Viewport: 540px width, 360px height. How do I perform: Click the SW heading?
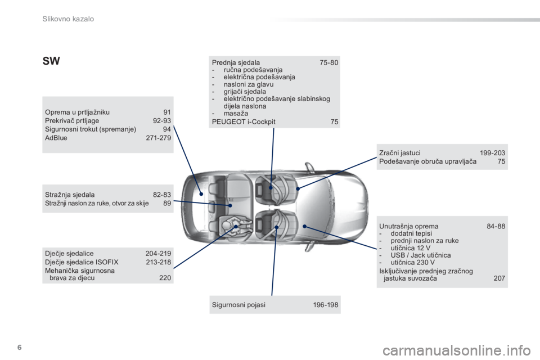(x=51, y=61)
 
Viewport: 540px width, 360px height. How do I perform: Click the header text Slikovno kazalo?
(x=68, y=19)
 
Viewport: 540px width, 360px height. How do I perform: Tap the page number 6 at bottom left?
(x=20, y=347)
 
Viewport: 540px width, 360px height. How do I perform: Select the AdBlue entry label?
(x=56, y=138)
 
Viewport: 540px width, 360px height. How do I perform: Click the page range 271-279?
(x=159, y=138)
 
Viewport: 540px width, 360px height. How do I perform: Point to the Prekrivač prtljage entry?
(x=72, y=120)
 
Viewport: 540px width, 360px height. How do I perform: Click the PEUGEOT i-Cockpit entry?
(x=244, y=121)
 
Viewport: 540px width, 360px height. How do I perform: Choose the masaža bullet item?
(x=236, y=113)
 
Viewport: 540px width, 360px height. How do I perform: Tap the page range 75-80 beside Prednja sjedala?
(x=329, y=62)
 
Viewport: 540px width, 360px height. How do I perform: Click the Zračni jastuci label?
(x=400, y=152)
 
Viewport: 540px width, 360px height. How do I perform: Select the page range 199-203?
(x=493, y=152)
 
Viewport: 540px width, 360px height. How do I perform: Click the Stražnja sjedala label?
(x=70, y=195)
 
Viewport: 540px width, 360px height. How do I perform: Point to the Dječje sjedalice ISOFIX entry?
(x=82, y=262)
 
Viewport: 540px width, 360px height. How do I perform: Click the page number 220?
(x=165, y=278)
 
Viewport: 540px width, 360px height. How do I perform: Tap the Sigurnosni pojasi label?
(x=238, y=305)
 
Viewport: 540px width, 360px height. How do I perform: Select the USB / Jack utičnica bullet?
(x=421, y=255)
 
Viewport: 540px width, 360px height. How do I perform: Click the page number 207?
(x=499, y=278)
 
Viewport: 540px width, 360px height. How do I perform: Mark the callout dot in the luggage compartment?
(x=201, y=194)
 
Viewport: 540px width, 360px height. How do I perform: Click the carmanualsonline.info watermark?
(x=457, y=351)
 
